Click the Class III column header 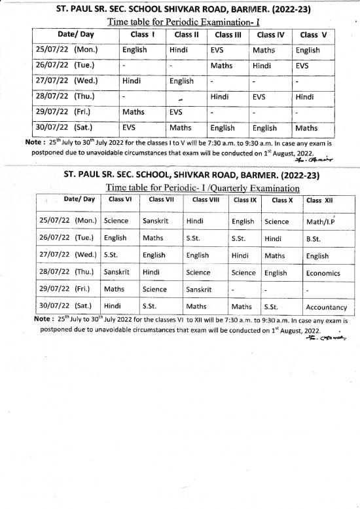(229, 34)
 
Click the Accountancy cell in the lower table (326, 306)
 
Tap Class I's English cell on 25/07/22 (138, 50)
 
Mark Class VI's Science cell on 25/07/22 (116, 221)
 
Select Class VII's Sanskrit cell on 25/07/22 (155, 221)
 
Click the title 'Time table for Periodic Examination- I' (180, 22)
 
